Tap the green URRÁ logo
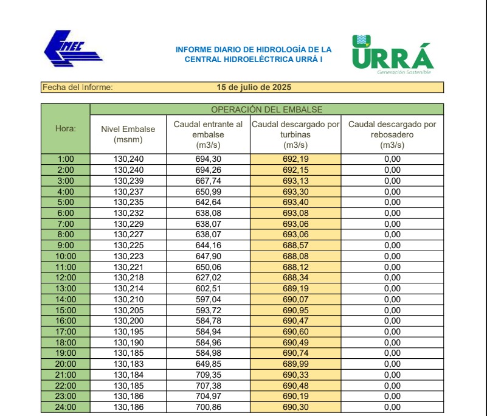[x=392, y=55]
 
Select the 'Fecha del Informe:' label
[x=77, y=87]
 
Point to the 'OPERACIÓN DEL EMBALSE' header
[x=266, y=109]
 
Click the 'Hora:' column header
[x=66, y=128]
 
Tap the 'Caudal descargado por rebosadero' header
[x=392, y=134]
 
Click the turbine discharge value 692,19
[x=295, y=159]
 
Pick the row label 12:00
[x=66, y=277]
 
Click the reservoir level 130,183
[x=128, y=364]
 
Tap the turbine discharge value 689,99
[x=295, y=364]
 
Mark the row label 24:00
[x=66, y=407]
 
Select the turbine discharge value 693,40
[x=295, y=202]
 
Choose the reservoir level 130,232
[x=128, y=213]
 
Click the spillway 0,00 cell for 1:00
[x=392, y=159]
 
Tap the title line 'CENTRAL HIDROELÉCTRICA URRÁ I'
[x=254, y=60]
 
